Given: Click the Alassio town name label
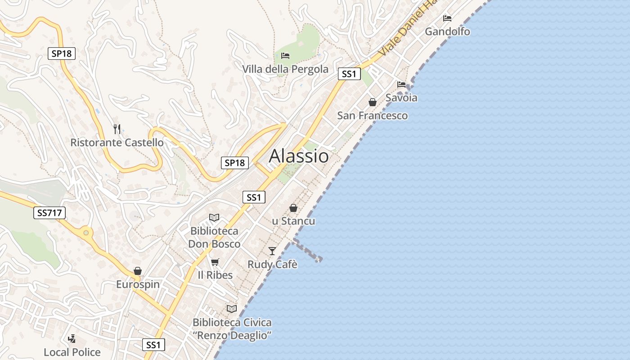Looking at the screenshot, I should coord(299,156).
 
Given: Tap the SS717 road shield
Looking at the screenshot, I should coord(49,213).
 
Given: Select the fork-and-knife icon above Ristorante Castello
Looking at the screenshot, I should coord(117,129).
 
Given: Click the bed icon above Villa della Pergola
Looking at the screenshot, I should coord(285,56).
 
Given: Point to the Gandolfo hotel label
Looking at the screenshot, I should coord(447,31).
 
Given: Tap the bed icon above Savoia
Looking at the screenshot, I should coord(401,84).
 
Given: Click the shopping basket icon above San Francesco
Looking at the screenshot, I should coord(373,102).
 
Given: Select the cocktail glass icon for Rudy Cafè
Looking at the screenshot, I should coord(272,251).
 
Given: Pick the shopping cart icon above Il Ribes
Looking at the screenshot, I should coord(215,262).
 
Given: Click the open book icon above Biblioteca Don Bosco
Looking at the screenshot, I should coord(214,217).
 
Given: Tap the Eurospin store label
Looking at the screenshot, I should coord(138,284).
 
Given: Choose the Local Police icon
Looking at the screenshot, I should coord(72,338).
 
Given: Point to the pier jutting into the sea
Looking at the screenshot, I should coord(308,251).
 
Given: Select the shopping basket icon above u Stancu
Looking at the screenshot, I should coord(293,208).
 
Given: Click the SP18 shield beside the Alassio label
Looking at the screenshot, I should coord(234,163).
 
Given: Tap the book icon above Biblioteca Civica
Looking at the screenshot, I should coord(232,309).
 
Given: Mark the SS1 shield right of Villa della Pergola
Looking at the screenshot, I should coord(349,74).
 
